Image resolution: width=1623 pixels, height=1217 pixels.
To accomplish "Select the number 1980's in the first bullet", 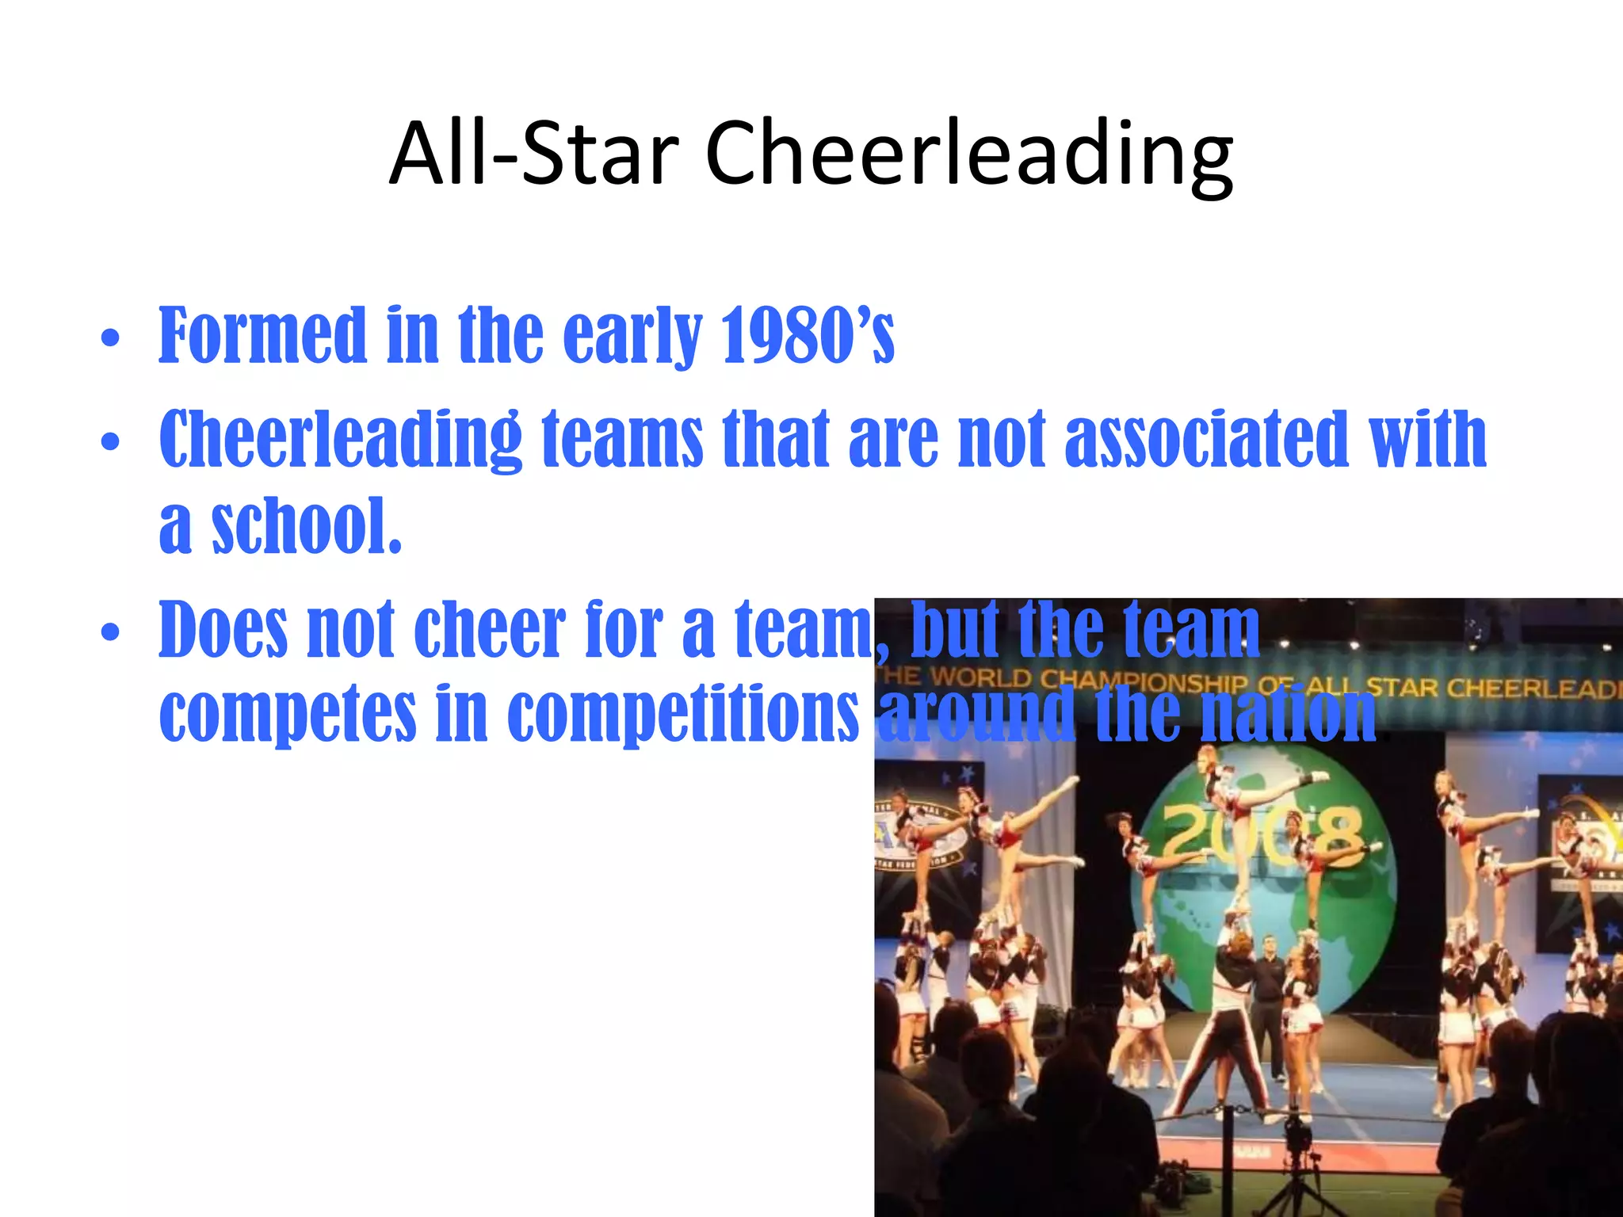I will (x=808, y=336).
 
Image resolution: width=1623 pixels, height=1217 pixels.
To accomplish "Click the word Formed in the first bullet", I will (x=262, y=336).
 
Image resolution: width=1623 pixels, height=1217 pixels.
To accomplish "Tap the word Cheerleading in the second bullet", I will (x=340, y=440).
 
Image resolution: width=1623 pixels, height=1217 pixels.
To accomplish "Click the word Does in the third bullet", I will (x=223, y=630).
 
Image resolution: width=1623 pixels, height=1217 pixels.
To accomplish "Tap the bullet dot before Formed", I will (x=110, y=339).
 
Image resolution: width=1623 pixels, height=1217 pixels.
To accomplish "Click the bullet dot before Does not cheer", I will (x=110, y=632).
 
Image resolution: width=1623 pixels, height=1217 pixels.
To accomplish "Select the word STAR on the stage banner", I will (x=1403, y=686).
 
